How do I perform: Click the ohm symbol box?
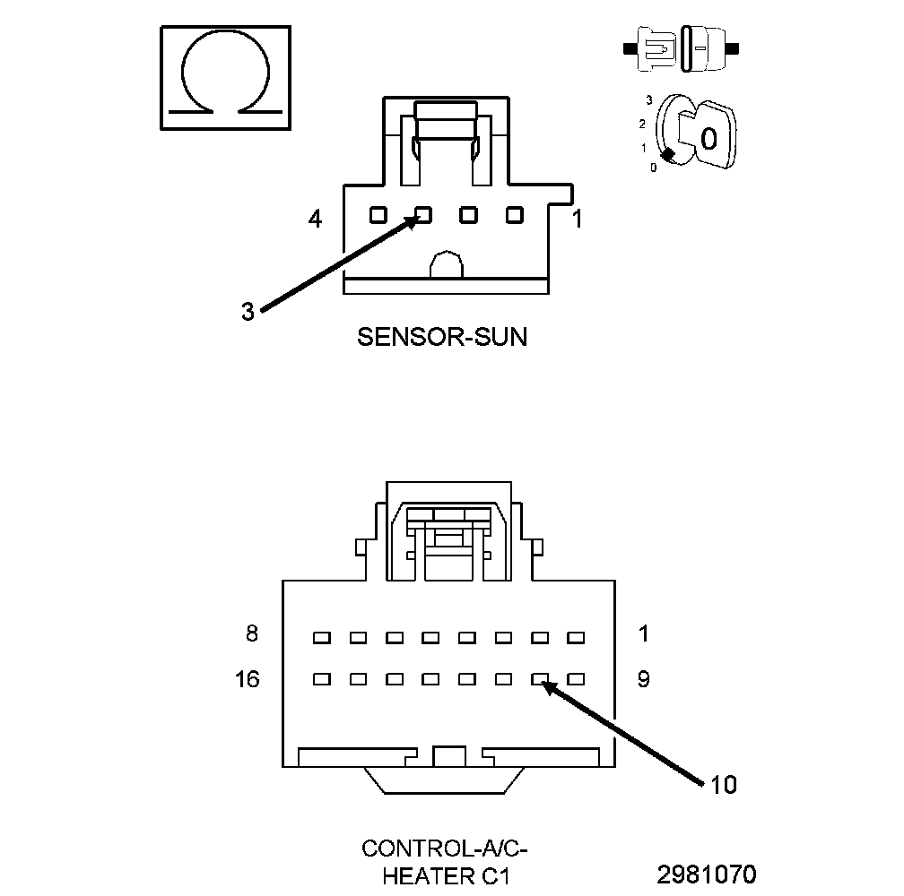click(225, 79)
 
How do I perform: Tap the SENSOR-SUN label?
click(442, 337)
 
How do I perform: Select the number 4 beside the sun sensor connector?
click(315, 218)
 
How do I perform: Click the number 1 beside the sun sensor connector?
click(578, 218)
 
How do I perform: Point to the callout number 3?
click(248, 311)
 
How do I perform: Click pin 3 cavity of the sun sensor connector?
click(423, 215)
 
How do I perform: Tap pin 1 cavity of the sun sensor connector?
click(514, 215)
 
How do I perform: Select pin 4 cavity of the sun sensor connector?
click(378, 215)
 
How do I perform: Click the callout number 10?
click(723, 785)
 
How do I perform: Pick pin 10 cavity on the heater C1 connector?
click(540, 679)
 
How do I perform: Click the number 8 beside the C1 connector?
click(252, 634)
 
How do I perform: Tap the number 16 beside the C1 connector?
click(247, 679)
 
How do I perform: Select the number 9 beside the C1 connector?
click(643, 679)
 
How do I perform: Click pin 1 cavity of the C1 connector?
click(576, 638)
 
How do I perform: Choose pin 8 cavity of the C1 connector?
click(321, 638)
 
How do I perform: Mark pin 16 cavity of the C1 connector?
click(321, 679)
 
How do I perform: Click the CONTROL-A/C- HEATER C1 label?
click(439, 861)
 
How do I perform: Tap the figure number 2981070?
click(707, 874)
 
